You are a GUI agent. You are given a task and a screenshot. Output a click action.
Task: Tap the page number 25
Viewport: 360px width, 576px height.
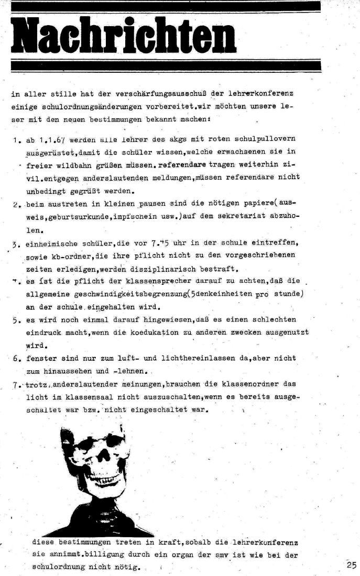pyautogui.click(x=351, y=564)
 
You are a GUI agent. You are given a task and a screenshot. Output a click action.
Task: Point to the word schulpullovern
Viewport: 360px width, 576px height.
pyautogui.click(x=263, y=139)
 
